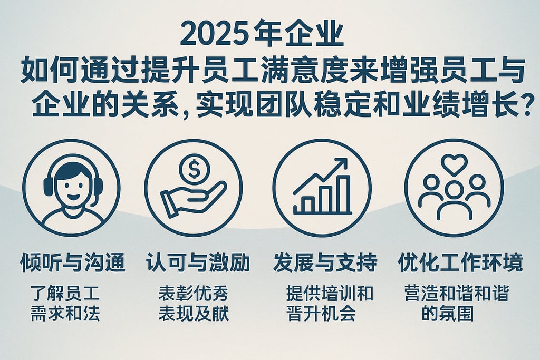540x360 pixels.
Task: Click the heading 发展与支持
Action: (325, 262)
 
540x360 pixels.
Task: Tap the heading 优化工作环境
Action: (459, 262)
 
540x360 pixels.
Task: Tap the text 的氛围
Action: (448, 313)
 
